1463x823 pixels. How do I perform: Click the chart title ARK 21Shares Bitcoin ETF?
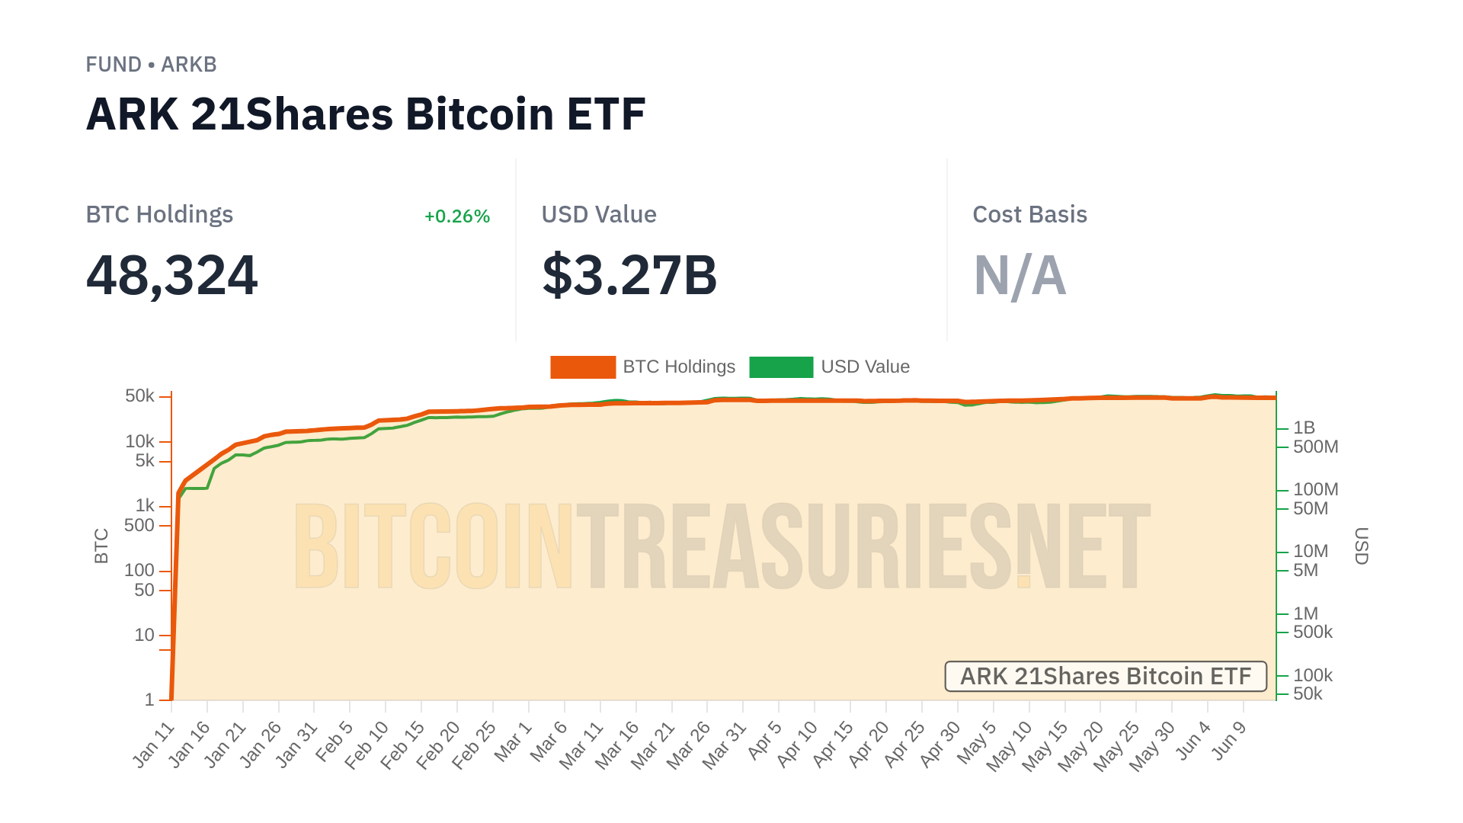pos(366,114)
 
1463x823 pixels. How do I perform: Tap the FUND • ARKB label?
pos(151,65)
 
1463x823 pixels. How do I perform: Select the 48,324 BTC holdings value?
pos(172,275)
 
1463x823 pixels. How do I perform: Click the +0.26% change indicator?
pos(456,216)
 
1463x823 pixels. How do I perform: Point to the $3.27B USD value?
pos(629,275)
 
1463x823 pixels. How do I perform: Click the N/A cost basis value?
pos(1020,275)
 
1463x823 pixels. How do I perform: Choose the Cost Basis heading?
pos(1029,215)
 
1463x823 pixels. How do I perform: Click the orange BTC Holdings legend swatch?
pos(583,367)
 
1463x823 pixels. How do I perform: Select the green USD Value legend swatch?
pos(781,367)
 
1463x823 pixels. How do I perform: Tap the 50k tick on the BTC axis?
pos(139,396)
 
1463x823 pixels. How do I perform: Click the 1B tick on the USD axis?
pos(1305,428)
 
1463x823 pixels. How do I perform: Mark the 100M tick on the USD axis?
pos(1315,490)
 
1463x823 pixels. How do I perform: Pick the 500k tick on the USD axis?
pos(1313,632)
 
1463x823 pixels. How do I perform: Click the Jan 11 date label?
pos(154,745)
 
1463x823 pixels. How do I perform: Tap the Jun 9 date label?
pos(1229,740)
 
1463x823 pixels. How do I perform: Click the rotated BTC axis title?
pos(101,546)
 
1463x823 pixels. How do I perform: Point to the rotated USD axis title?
pos(1362,546)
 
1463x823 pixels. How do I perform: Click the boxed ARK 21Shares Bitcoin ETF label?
pos(1106,677)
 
